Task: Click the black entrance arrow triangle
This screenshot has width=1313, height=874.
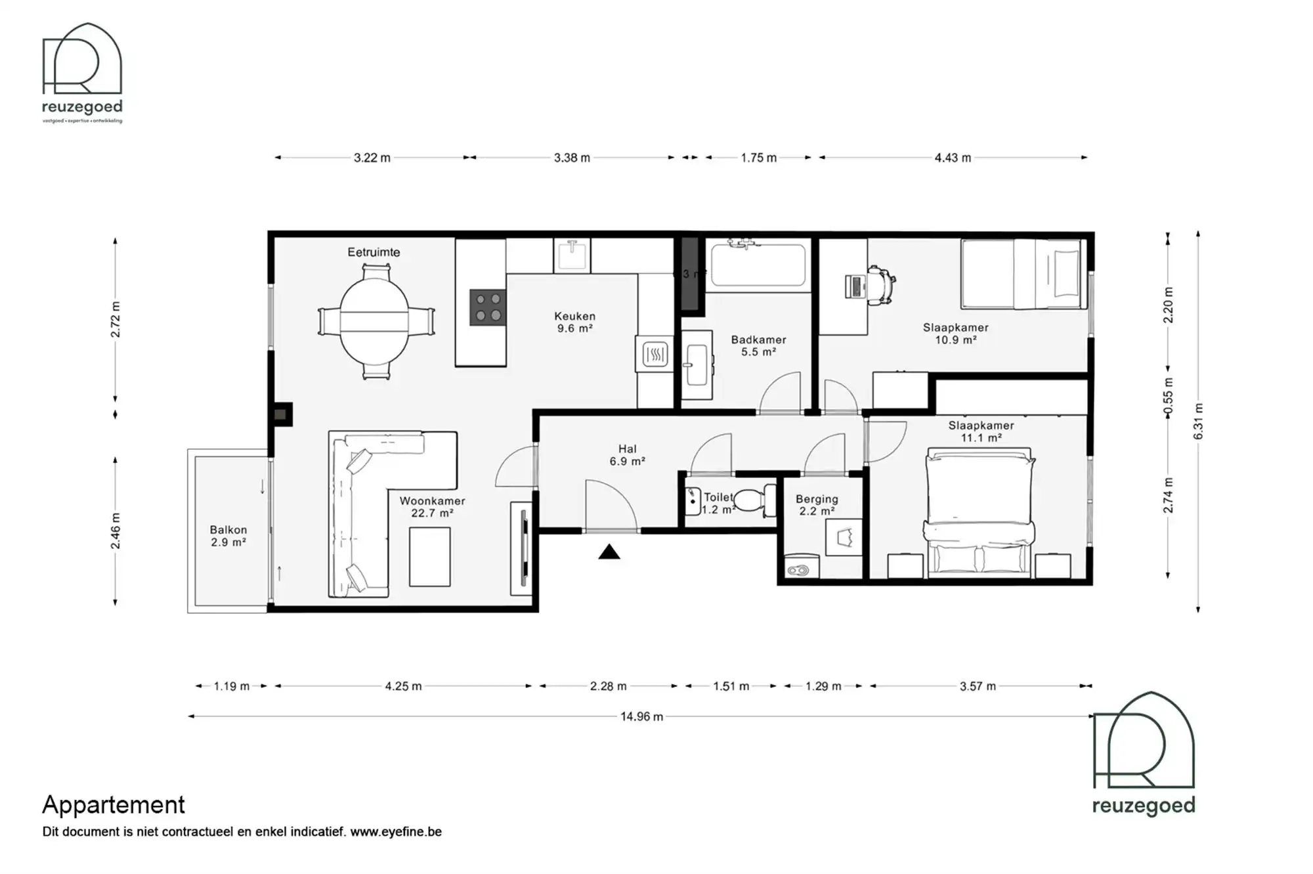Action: pyautogui.click(x=609, y=553)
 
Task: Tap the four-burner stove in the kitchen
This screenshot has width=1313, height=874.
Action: pyautogui.click(x=488, y=307)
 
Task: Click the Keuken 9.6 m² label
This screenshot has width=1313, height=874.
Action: pyautogui.click(x=574, y=322)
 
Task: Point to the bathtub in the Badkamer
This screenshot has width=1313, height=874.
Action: pyautogui.click(x=758, y=265)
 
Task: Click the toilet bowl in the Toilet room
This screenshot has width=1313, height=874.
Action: pyautogui.click(x=750, y=500)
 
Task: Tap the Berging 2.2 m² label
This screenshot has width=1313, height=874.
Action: pyautogui.click(x=817, y=505)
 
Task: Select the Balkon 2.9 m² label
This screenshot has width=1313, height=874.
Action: pyautogui.click(x=228, y=536)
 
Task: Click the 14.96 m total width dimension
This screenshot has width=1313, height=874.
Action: pyautogui.click(x=641, y=716)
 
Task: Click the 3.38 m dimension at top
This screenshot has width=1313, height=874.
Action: pyautogui.click(x=572, y=158)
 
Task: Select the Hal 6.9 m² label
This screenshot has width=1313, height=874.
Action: pyautogui.click(x=627, y=455)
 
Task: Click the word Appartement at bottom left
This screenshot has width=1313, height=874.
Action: pyautogui.click(x=114, y=804)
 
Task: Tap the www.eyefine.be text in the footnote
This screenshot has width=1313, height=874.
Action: pyautogui.click(x=396, y=832)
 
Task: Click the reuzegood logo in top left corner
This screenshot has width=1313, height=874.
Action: pyautogui.click(x=82, y=72)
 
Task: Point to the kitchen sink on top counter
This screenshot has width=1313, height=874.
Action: pyautogui.click(x=572, y=255)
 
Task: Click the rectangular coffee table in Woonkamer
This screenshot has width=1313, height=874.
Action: pyautogui.click(x=430, y=556)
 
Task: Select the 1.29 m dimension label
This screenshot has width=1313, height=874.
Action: pyautogui.click(x=823, y=686)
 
